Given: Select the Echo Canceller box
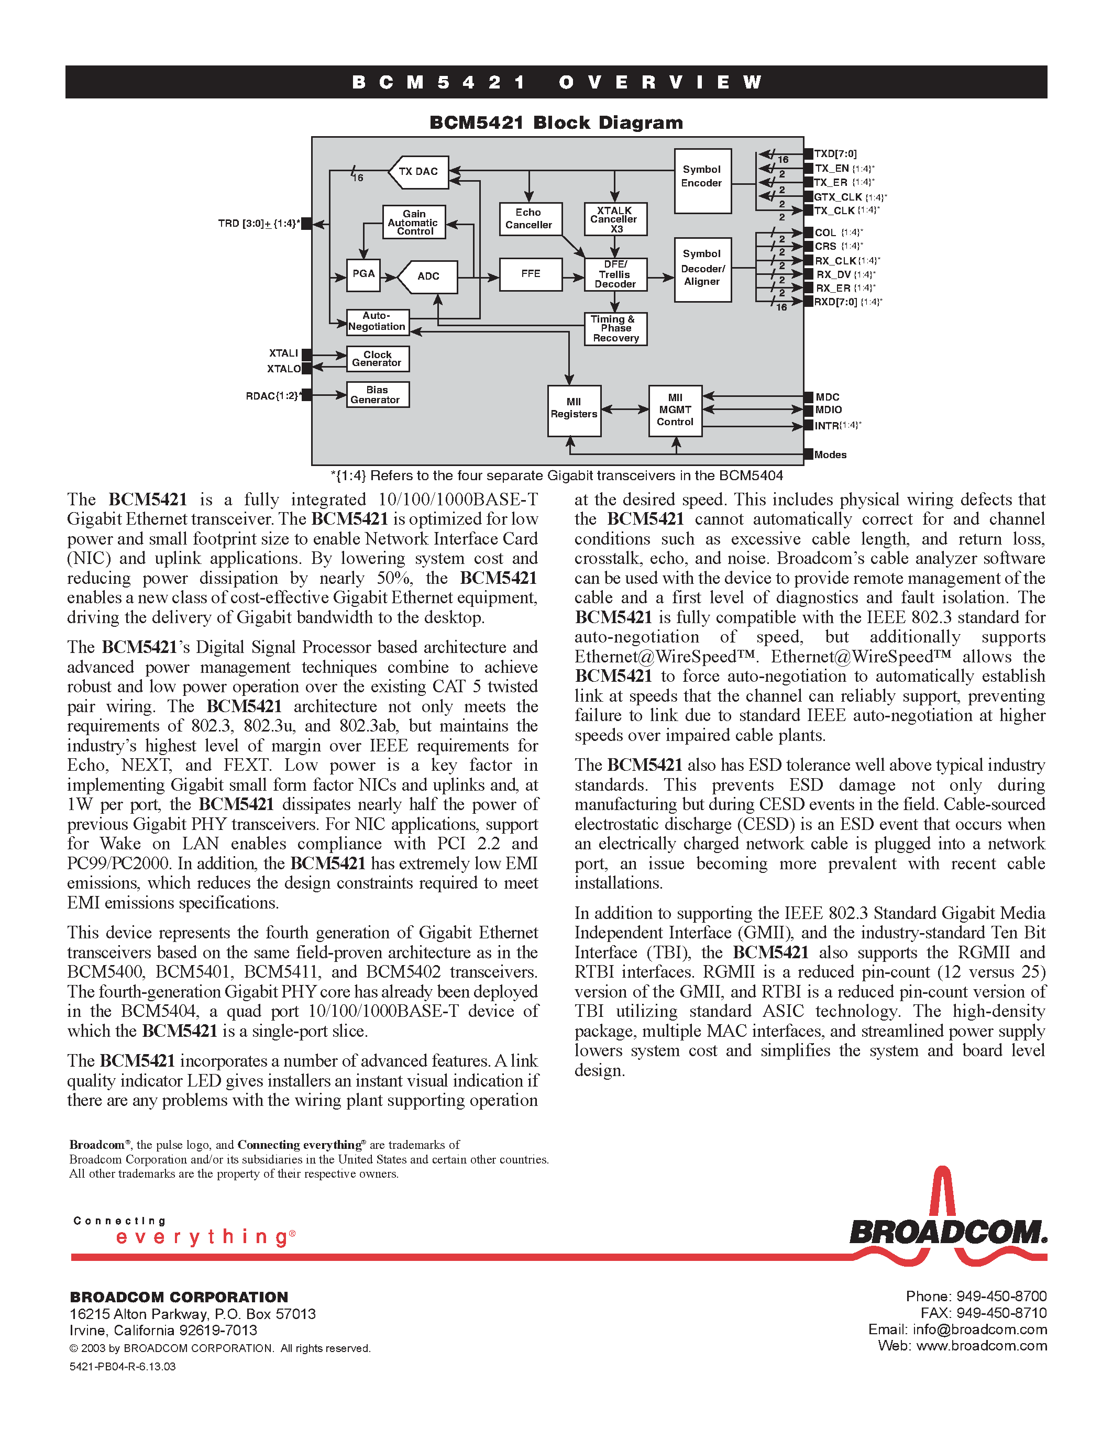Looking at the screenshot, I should (x=530, y=219).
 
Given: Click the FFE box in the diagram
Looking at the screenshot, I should (x=531, y=274).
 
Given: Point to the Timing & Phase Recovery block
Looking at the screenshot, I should (x=615, y=329).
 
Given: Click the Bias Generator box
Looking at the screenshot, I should (x=377, y=395).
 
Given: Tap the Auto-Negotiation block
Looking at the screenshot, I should (x=377, y=322).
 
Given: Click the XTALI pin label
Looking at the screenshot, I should (x=283, y=354).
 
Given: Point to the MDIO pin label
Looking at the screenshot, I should (x=829, y=410).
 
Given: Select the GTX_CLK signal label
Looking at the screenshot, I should (x=838, y=197).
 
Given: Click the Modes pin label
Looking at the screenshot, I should (x=830, y=455).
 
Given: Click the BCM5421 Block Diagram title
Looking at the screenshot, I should (x=556, y=123).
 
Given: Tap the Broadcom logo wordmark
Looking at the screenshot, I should (x=947, y=1232).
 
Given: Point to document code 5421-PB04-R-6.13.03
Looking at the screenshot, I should (x=123, y=1367).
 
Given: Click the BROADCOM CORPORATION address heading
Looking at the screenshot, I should (x=179, y=1298).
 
